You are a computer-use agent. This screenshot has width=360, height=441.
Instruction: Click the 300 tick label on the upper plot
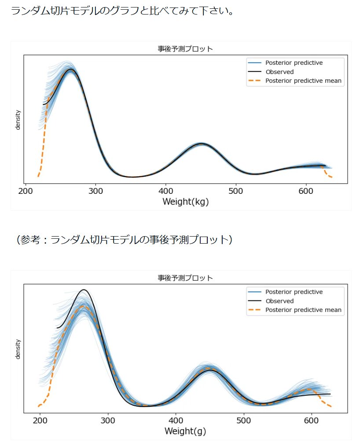[96, 191]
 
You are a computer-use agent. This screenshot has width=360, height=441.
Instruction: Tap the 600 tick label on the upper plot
[306, 191]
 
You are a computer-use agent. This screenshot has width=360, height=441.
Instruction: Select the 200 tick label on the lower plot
[40, 421]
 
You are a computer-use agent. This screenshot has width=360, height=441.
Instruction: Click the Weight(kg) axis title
[185, 202]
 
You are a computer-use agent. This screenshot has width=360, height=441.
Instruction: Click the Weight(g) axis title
[185, 431]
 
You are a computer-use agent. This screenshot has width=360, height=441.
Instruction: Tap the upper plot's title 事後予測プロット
[185, 49]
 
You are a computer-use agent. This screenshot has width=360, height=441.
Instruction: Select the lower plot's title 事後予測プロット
[185, 278]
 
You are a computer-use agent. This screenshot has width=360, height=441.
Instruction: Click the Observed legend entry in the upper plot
[279, 72]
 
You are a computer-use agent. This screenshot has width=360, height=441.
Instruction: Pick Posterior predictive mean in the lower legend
[303, 310]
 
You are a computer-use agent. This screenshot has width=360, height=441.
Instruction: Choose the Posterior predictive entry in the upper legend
[294, 63]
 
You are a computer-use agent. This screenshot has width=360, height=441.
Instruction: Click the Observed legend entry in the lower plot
[279, 301]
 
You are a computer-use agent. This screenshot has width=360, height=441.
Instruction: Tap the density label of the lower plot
[18, 349]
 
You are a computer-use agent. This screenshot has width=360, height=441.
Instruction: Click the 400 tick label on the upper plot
[165, 191]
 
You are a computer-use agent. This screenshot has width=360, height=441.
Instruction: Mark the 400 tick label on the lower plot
[176, 421]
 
